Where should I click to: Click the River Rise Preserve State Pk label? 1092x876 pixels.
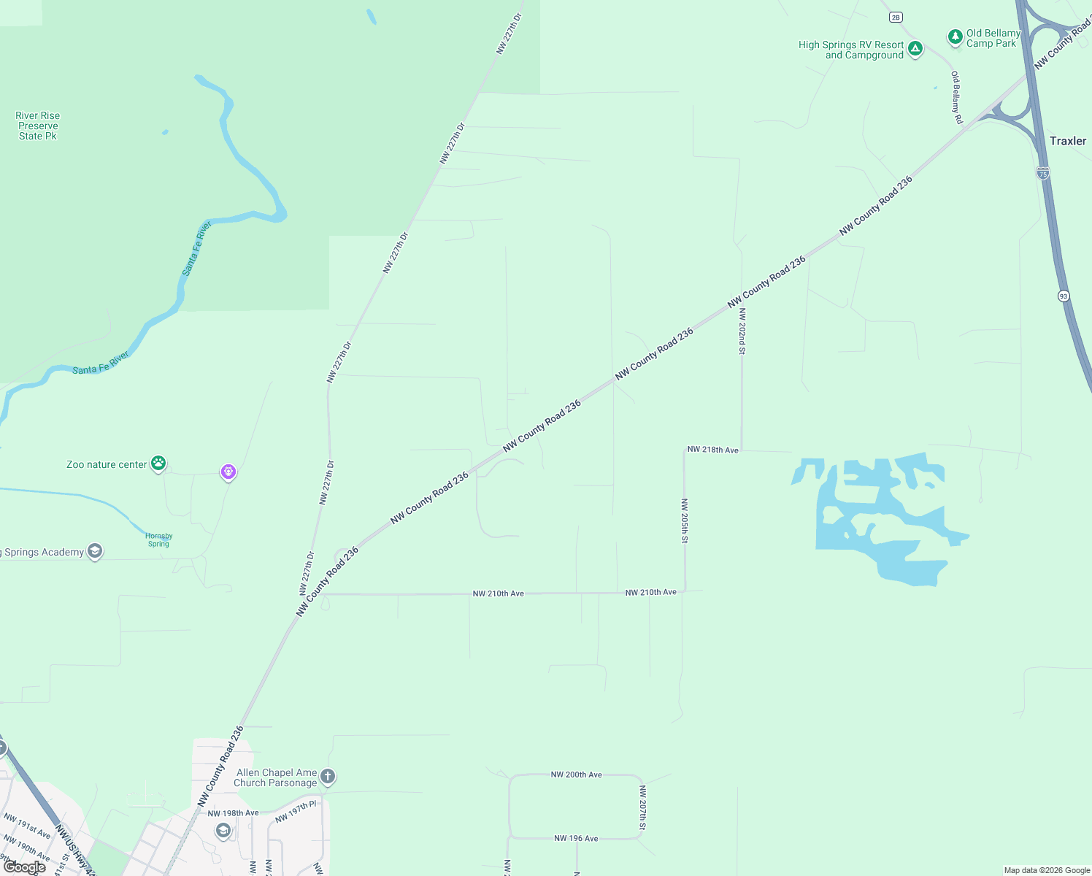click(x=38, y=126)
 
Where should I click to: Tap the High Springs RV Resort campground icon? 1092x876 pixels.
click(x=915, y=49)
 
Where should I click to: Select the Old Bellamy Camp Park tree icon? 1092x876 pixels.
click(x=955, y=36)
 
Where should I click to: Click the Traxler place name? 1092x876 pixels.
click(x=1067, y=141)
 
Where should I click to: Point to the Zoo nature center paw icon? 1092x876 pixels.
click(x=158, y=463)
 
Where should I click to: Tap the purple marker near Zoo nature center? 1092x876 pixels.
click(x=228, y=472)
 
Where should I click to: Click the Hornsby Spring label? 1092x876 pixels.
click(x=158, y=539)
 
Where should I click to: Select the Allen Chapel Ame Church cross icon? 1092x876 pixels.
click(x=328, y=776)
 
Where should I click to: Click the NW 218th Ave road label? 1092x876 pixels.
click(x=712, y=450)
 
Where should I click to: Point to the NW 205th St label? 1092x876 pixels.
click(x=684, y=520)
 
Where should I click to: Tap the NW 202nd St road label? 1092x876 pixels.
click(x=742, y=331)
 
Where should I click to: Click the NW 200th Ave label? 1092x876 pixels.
click(x=576, y=775)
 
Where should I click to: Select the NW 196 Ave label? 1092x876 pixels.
click(x=576, y=838)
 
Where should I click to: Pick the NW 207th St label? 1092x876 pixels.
click(x=642, y=807)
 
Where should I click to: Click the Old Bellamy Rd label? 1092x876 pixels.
click(x=956, y=97)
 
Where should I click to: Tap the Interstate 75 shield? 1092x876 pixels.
click(x=1042, y=173)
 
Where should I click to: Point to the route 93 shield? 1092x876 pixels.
click(x=1063, y=296)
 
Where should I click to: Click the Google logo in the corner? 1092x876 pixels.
click(x=25, y=867)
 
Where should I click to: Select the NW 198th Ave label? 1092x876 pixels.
click(x=233, y=813)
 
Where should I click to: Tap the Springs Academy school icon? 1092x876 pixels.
click(x=95, y=551)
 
